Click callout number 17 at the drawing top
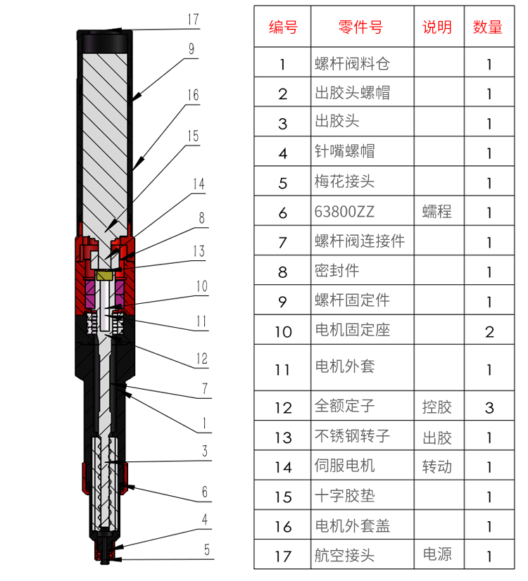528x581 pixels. pyautogui.click(x=193, y=19)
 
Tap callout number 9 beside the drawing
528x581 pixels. pyautogui.click(x=191, y=49)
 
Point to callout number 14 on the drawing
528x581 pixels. pyautogui.click(x=199, y=184)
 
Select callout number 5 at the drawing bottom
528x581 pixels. pyautogui.click(x=207, y=549)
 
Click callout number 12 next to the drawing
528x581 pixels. pyautogui.click(x=202, y=359)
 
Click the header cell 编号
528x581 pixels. pyautogui.click(x=283, y=27)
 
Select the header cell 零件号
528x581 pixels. pyautogui.click(x=360, y=27)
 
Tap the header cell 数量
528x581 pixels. pyautogui.click(x=488, y=27)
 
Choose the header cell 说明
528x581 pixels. pyautogui.click(x=437, y=27)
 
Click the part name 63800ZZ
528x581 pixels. pyautogui.click(x=344, y=212)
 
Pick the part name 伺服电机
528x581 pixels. pyautogui.click(x=345, y=466)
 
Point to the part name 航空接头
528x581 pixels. pyautogui.click(x=345, y=555)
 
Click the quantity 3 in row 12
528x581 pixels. pyautogui.click(x=489, y=408)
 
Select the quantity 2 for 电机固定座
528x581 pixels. pyautogui.click(x=489, y=332)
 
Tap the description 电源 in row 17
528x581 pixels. pyautogui.click(x=437, y=554)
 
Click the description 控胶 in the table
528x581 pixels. pyautogui.click(x=437, y=407)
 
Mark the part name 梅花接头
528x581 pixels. pyautogui.click(x=345, y=181)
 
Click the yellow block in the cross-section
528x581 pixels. pyautogui.click(x=105, y=275)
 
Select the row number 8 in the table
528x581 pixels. pyautogui.click(x=282, y=272)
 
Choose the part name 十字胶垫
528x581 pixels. pyautogui.click(x=345, y=495)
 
